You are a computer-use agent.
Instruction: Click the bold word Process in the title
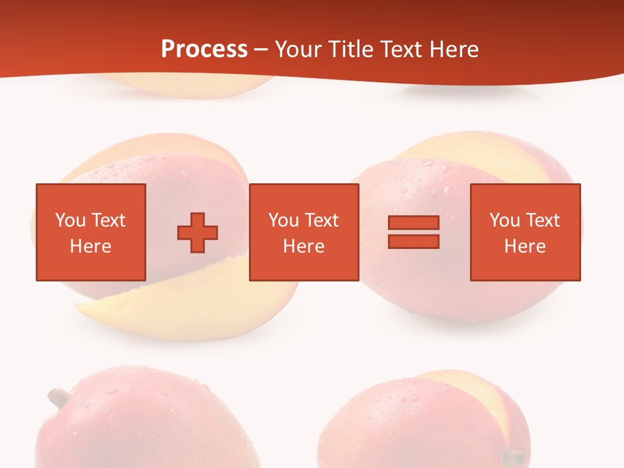pyautogui.click(x=204, y=49)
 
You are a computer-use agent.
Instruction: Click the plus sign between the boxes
pyautogui.click(x=198, y=232)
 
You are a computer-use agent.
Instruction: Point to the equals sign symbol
pyautogui.click(x=413, y=232)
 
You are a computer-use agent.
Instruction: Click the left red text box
pyautogui.click(x=90, y=232)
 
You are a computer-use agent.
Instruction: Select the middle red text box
pyautogui.click(x=304, y=232)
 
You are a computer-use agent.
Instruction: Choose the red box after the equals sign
pyautogui.click(x=525, y=232)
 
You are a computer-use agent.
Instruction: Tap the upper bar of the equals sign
pyautogui.click(x=413, y=223)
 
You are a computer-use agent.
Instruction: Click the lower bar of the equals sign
pyautogui.click(x=413, y=241)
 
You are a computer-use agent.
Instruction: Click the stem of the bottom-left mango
pyautogui.click(x=58, y=397)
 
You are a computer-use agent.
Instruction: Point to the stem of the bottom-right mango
pyautogui.click(x=515, y=456)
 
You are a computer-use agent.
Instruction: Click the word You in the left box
pyautogui.click(x=70, y=220)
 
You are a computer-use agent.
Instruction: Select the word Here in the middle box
pyautogui.click(x=304, y=246)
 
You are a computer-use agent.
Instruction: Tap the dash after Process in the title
pyautogui.click(x=261, y=49)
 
